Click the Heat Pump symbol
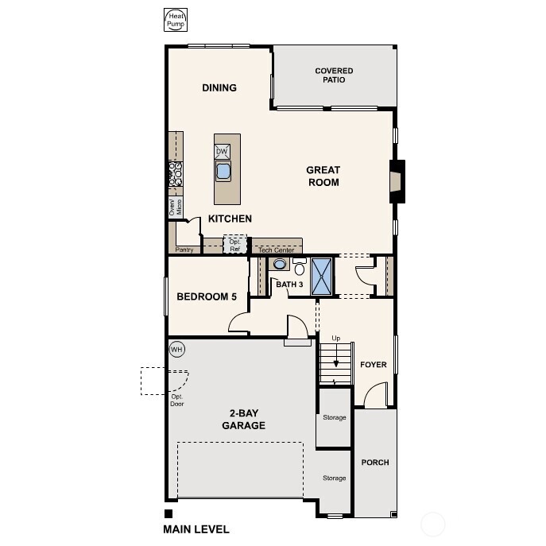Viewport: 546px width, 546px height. tap(174, 20)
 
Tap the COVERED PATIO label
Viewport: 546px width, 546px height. tap(334, 76)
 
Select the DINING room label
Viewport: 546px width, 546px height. tap(219, 87)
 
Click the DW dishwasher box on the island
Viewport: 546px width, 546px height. tap(223, 151)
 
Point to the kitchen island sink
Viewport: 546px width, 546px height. tap(223, 170)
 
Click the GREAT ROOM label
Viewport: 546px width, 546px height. tap(323, 176)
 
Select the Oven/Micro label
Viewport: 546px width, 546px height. tap(175, 207)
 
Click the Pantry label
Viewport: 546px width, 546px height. tap(184, 250)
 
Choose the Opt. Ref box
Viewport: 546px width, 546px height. tap(234, 245)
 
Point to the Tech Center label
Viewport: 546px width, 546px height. tap(276, 250)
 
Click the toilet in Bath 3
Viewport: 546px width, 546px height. tap(299, 266)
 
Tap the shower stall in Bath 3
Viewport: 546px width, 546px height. tap(322, 276)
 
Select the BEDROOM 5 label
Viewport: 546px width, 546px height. tap(207, 296)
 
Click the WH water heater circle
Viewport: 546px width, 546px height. tap(176, 349)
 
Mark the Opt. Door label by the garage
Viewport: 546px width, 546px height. tap(176, 401)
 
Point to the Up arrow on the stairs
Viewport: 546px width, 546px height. tap(337, 355)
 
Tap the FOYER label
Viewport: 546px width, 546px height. tap(373, 365)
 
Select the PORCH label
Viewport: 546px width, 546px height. tap(375, 462)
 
